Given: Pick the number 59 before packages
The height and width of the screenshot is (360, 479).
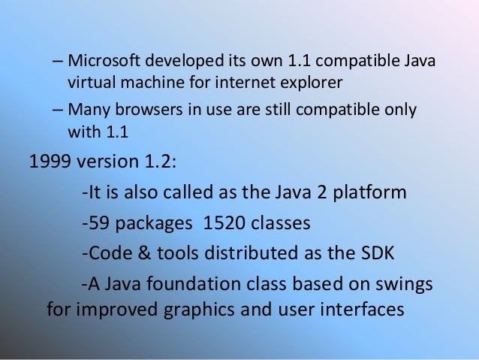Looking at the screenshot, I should [97, 224].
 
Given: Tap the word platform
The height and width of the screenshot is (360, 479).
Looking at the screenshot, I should [368, 194].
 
